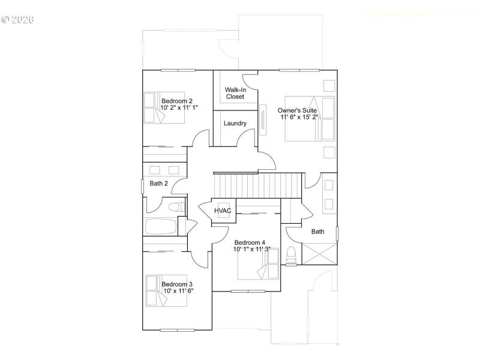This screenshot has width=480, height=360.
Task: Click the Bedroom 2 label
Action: [176, 100]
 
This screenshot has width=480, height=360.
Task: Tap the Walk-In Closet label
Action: [235, 93]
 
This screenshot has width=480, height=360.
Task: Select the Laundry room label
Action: [235, 124]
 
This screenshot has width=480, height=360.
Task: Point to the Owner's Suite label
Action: [297, 110]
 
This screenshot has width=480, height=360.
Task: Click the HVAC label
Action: [223, 211]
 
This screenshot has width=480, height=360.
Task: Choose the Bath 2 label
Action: [158, 184]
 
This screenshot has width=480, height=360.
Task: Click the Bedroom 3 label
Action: [176, 284]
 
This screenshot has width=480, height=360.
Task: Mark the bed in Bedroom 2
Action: [161, 107]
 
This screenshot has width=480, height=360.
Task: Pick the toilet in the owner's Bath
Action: [292, 255]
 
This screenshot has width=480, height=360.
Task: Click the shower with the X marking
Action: [319, 254]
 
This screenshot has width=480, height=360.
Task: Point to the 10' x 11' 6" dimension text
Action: [178, 291]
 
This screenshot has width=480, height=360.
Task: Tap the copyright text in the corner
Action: [18, 20]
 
